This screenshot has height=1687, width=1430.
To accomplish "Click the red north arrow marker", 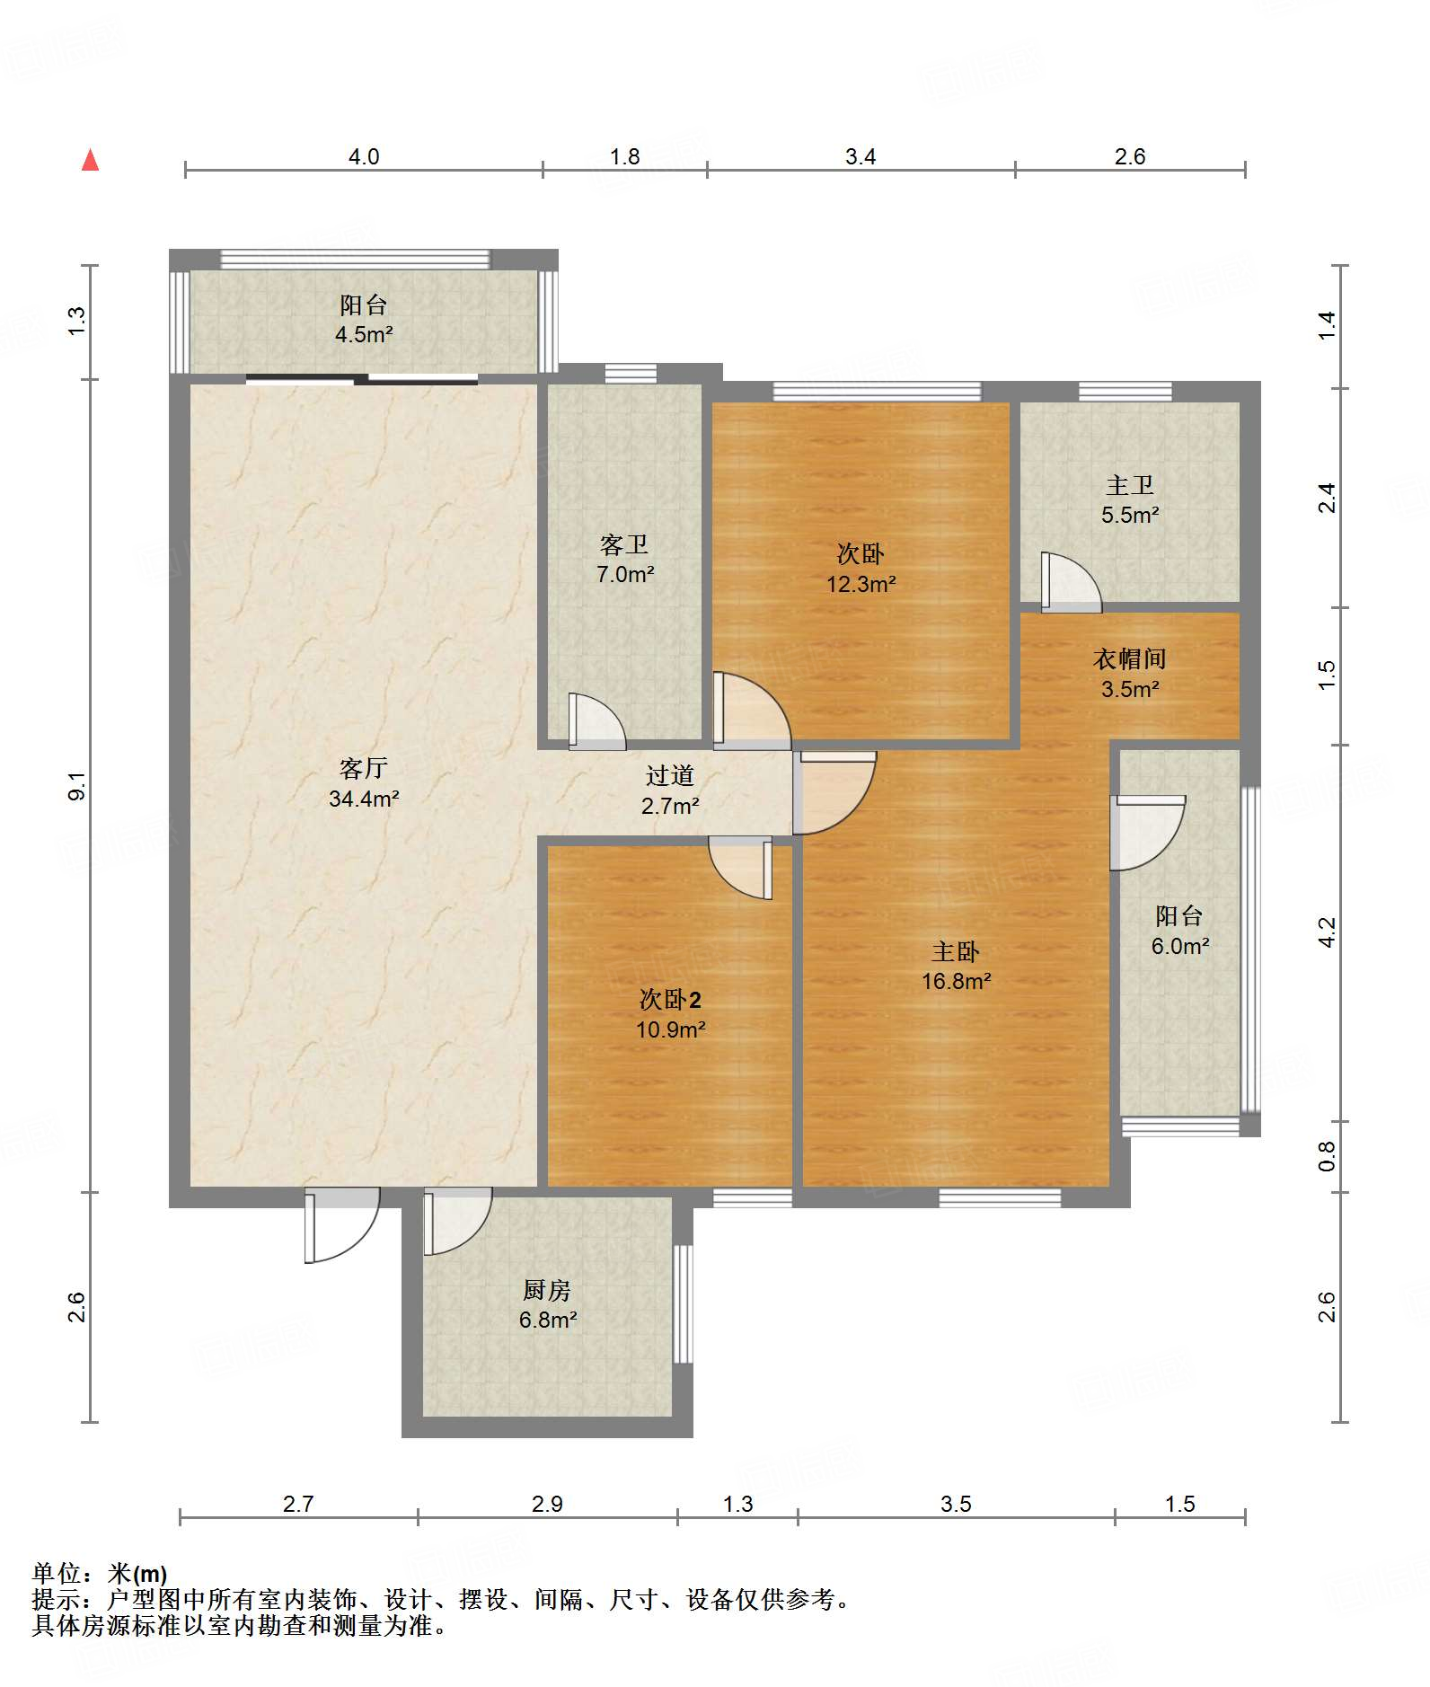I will [x=90, y=161].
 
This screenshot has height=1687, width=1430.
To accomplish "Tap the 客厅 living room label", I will [x=363, y=768].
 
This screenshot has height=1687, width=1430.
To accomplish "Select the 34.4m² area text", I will [x=363, y=799].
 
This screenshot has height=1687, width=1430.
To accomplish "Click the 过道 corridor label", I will [x=670, y=775].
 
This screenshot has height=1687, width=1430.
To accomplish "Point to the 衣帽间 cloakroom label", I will [x=1129, y=658].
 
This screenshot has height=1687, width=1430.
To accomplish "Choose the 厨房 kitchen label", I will [x=546, y=1290].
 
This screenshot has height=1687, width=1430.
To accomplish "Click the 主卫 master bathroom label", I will [x=1129, y=485].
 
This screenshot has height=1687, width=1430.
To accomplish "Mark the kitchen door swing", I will [x=456, y=1219].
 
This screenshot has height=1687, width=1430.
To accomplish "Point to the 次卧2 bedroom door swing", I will [x=742, y=867].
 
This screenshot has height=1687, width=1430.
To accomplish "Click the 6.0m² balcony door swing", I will [x=1146, y=832].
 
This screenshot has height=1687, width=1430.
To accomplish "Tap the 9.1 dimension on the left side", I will [x=77, y=786].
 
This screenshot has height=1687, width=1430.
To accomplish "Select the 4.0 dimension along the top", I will [x=363, y=157].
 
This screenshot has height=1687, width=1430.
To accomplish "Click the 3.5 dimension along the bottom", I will [x=956, y=1504].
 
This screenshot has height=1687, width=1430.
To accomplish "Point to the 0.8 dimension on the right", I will [x=1327, y=1156].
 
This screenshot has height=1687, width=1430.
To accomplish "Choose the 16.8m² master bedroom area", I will [x=956, y=981].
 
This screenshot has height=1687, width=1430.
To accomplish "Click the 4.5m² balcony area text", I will [x=363, y=335].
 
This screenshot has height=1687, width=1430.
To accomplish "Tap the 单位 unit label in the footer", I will [x=58, y=1573].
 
